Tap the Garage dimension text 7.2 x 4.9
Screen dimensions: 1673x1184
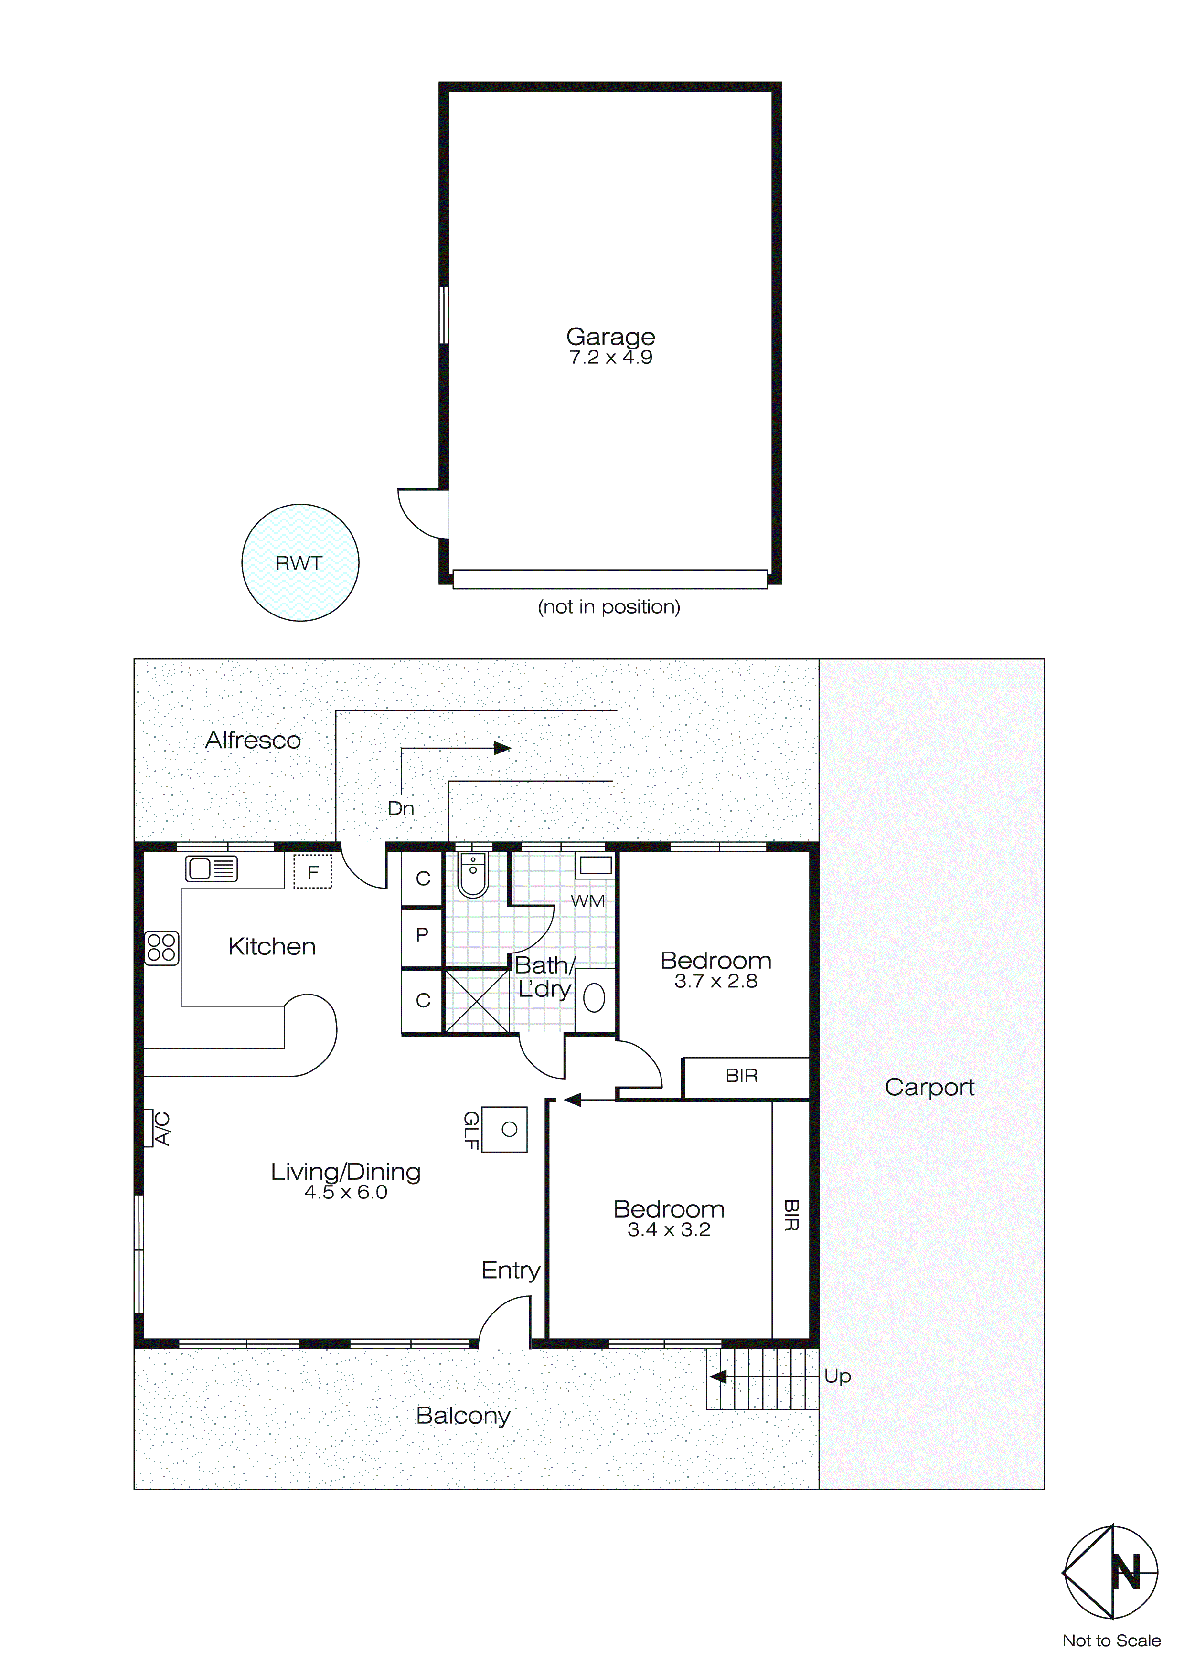(610, 357)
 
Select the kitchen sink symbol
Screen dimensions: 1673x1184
(212, 868)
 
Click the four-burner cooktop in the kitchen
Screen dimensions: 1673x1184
(161, 947)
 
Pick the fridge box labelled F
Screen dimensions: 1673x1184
(313, 871)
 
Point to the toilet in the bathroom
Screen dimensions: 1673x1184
(473, 876)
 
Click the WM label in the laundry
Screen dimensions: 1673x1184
(587, 900)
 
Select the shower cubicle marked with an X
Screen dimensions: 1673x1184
(477, 1000)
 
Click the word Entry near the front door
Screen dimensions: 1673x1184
(511, 1270)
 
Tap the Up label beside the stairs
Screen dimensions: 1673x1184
(838, 1376)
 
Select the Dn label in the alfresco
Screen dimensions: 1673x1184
(401, 808)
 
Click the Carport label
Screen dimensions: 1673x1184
(929, 1087)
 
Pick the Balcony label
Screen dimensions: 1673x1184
(463, 1415)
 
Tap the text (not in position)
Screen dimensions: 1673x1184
(609, 606)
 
